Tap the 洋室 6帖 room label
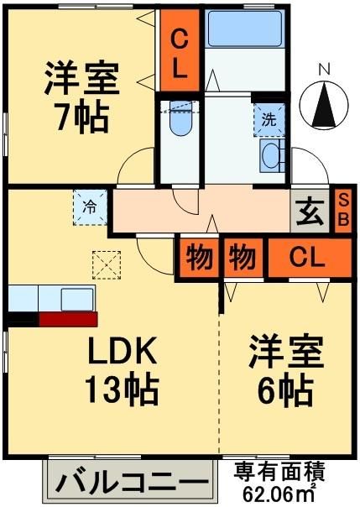(285, 371)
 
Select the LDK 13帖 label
(122, 369)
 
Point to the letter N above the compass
(324, 68)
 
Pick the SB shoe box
(342, 209)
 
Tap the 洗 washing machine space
(269, 119)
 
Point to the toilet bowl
(179, 123)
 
